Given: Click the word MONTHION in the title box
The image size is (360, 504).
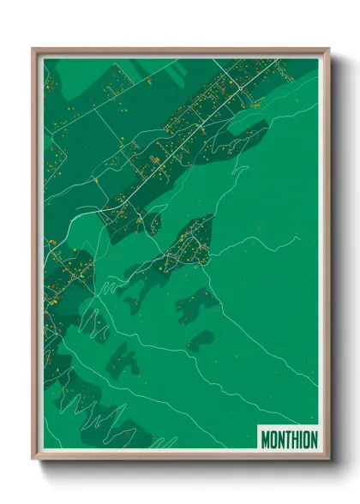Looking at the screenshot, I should pyautogui.click(x=289, y=440).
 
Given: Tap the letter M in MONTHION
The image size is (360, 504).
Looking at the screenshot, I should pyautogui.click(x=265, y=440).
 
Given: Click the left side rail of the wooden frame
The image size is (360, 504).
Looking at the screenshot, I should pyautogui.click(x=36, y=257).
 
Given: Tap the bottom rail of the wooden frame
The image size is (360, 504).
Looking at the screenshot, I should pyautogui.click(x=180, y=456).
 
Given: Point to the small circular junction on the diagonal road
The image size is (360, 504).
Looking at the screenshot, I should pyautogui.click(x=201, y=126).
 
